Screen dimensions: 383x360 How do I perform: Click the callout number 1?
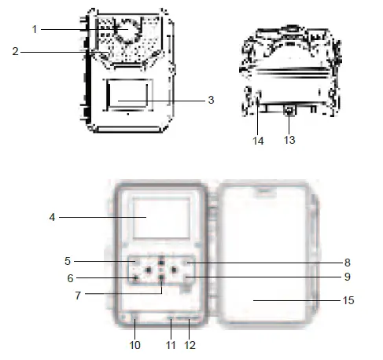pos(35,29)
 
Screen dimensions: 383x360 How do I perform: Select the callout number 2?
pos(16,51)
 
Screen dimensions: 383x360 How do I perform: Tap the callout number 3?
pos(211,100)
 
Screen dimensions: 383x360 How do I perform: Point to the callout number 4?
pos(52,217)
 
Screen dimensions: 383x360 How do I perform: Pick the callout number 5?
pos(68,261)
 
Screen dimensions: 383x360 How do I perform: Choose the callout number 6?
pos(70,278)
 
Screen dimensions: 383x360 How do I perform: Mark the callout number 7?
pos(78,296)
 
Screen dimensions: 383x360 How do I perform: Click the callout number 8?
pos(348,263)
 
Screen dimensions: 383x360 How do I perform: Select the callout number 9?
pos(348,277)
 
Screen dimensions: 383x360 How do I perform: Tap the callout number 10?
pos(134,345)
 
